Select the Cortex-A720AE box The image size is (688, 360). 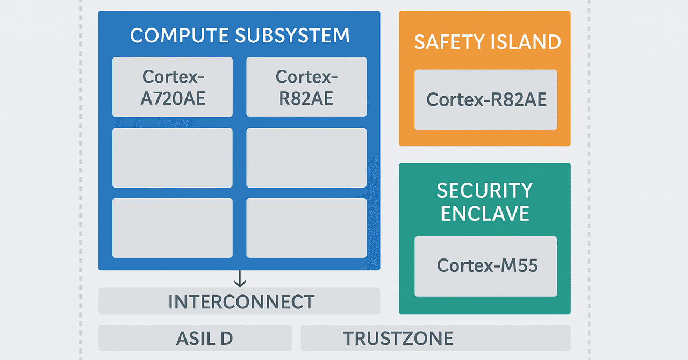pos(173,87)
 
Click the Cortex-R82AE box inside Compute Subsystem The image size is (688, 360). pos(306,87)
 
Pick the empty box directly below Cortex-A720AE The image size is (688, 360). pos(173,158)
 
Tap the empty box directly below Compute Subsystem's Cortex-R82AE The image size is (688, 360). pos(306,158)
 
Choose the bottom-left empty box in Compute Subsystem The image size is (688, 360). pos(173,228)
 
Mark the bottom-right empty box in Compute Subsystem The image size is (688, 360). pos(306,228)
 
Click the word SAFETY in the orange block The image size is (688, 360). pos(448,42)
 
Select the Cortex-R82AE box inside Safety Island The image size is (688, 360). pos(486,100)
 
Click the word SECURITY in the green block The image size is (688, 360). pos(484,190)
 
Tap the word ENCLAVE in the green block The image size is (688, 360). pos(484,213)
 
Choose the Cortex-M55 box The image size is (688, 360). pos(486,266)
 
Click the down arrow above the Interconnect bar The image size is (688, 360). pos(240,279)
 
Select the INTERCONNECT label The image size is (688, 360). pos(241,302)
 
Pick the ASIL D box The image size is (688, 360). pos(195,338)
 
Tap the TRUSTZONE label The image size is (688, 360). pos(398,338)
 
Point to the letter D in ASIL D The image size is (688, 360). pos(226,338)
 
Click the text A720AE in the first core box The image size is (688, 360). pos(173,98)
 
